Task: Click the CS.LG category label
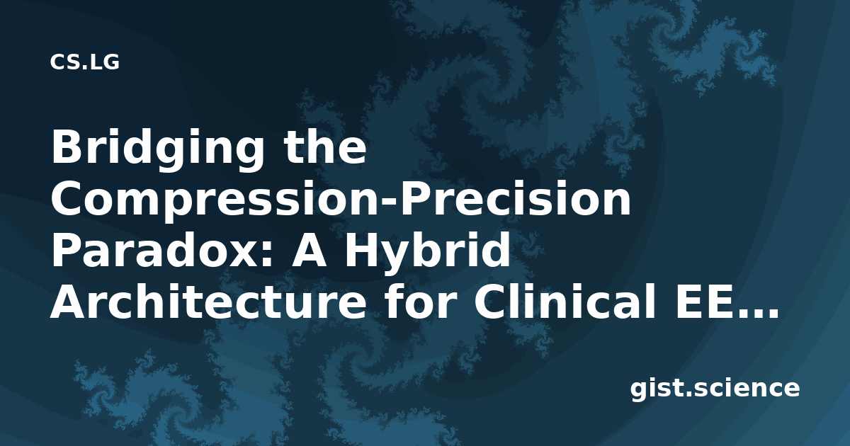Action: pos(84,62)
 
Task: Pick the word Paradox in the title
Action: pos(155,251)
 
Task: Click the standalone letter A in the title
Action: pos(309,251)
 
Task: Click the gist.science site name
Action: pos(715,389)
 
